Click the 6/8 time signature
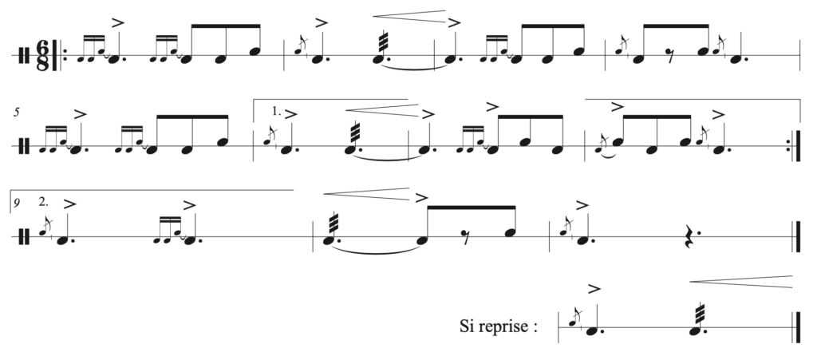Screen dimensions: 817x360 (43, 55)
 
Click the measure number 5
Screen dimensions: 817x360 (17, 112)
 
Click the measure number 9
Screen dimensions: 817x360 (18, 202)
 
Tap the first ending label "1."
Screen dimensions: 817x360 (276, 111)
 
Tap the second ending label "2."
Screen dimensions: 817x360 (43, 202)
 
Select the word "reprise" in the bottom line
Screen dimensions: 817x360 (503, 327)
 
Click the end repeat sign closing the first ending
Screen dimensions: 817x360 (795, 146)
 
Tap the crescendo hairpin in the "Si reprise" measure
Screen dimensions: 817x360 (741, 281)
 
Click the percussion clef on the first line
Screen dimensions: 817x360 (23, 56)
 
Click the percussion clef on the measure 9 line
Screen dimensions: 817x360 (23, 237)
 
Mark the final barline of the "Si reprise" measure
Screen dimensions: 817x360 (797, 327)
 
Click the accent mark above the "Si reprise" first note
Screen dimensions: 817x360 (594, 288)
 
